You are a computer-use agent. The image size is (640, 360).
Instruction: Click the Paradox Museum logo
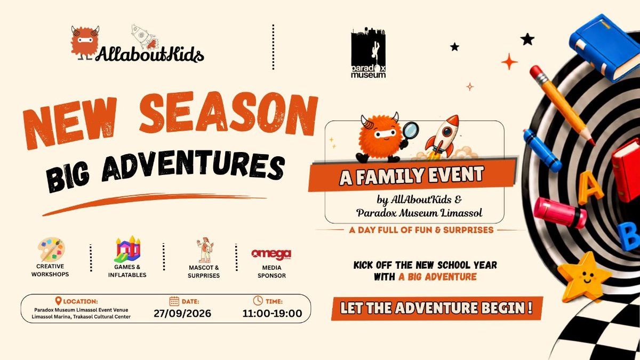(369, 53)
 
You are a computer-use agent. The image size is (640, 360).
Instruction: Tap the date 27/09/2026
(182, 314)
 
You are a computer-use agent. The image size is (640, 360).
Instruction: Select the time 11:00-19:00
(272, 314)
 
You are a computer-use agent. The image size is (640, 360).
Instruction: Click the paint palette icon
(51, 250)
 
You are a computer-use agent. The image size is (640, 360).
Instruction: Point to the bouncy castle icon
(127, 249)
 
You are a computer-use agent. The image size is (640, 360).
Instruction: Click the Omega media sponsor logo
(271, 254)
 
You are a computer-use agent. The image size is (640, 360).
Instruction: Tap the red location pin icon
(58, 301)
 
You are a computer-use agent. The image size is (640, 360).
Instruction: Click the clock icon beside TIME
(258, 301)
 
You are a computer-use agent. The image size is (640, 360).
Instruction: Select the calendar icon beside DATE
(174, 301)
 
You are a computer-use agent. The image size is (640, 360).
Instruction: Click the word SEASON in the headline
(229, 115)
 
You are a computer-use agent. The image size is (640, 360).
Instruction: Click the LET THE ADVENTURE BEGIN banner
(437, 308)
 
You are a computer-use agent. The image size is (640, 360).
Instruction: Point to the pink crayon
(559, 212)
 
